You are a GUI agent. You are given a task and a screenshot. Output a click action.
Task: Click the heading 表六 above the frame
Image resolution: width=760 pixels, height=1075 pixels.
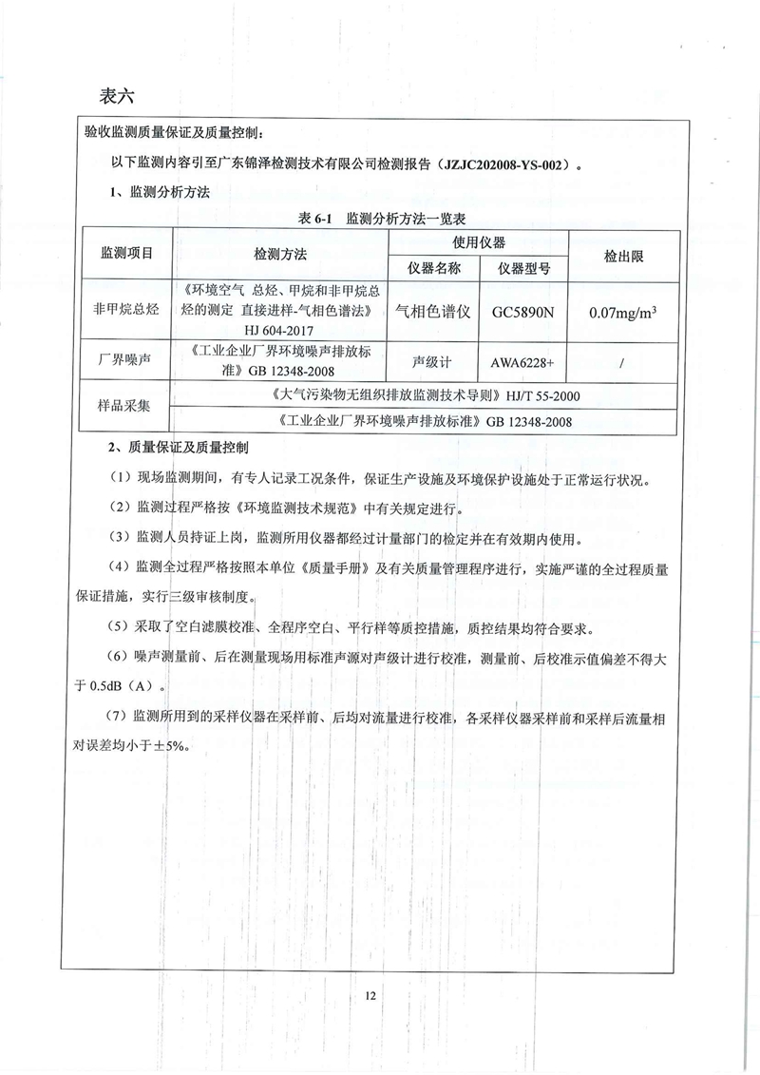[118, 96]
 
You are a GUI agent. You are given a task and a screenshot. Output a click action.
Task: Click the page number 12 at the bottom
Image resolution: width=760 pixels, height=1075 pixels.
[370, 995]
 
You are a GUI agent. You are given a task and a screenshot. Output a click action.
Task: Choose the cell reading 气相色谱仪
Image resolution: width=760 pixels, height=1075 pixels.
[433, 310]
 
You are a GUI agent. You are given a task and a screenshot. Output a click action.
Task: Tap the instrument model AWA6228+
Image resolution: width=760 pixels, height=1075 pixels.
[523, 361]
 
